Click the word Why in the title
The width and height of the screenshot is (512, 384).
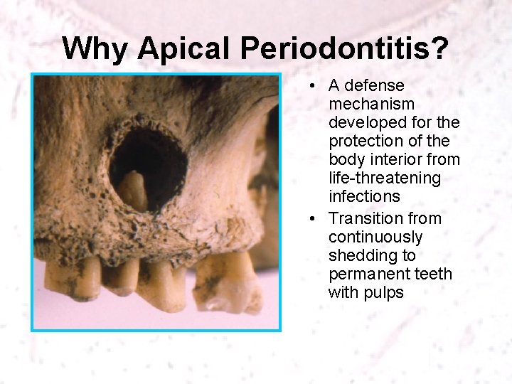coord(96,49)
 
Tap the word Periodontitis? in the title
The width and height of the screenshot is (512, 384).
coord(345,49)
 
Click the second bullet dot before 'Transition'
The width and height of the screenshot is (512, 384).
coord(313,219)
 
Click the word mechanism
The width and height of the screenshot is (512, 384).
coord(372,105)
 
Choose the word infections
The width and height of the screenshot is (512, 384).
coord(364,196)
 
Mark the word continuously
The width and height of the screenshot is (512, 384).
coord(375,237)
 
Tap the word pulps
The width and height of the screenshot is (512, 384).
coord(384,292)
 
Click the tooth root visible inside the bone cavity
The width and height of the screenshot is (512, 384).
coord(134,191)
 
